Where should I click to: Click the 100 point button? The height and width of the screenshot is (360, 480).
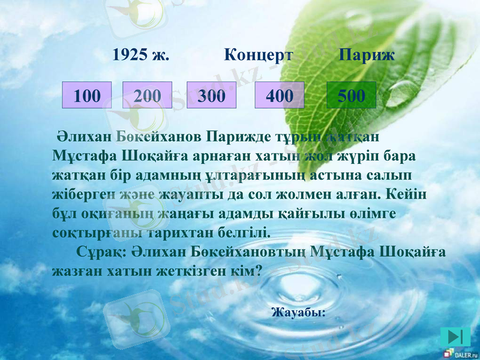click(x=87, y=95)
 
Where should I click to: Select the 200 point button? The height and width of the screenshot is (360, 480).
click(x=147, y=95)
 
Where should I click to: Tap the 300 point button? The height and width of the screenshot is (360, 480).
click(x=212, y=95)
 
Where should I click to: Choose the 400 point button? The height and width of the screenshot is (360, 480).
click(x=279, y=95)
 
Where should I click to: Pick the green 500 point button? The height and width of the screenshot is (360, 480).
click(x=351, y=95)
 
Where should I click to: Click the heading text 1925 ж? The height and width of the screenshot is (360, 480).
click(x=141, y=56)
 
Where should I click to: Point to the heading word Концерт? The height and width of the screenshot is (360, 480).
click(x=259, y=56)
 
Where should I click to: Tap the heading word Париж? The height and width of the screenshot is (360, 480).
click(x=367, y=56)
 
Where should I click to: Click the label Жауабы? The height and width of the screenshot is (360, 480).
click(x=298, y=312)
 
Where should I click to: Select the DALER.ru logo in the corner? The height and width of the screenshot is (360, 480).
click(x=461, y=355)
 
